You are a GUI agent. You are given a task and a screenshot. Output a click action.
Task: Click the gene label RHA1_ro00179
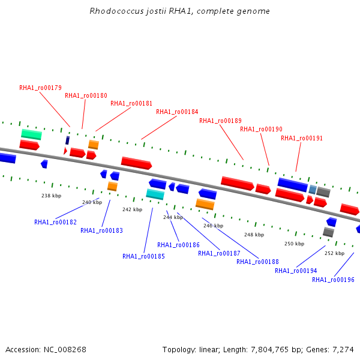click(40, 88)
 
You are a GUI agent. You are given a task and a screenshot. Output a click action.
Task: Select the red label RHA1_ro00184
click(177, 112)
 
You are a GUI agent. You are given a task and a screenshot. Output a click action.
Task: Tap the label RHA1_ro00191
click(302, 138)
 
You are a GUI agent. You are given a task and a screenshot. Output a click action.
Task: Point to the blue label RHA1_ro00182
click(55, 222)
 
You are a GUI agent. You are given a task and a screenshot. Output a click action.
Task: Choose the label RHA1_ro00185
click(143, 256)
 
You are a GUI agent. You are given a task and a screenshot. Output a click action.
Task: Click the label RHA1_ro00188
click(257, 262)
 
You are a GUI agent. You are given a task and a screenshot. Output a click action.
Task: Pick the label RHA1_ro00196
click(333, 280)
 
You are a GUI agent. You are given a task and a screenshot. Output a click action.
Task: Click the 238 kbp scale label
click(51, 196)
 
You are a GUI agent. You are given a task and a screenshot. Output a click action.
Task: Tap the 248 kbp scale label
click(254, 235)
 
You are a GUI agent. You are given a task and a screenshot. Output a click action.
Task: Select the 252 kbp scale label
click(335, 253)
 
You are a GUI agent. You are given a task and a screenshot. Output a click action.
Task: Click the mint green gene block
click(31, 134)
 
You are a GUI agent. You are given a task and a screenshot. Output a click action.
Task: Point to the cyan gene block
click(155, 194)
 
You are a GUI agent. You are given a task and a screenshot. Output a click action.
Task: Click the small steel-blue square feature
click(313, 189)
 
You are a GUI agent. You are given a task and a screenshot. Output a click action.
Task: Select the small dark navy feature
click(67, 140)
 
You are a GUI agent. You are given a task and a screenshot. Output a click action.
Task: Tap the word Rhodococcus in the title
click(116, 11)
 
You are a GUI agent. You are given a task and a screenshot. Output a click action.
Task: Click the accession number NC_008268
click(65, 350)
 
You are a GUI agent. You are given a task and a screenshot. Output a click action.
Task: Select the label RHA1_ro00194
click(296, 271)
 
